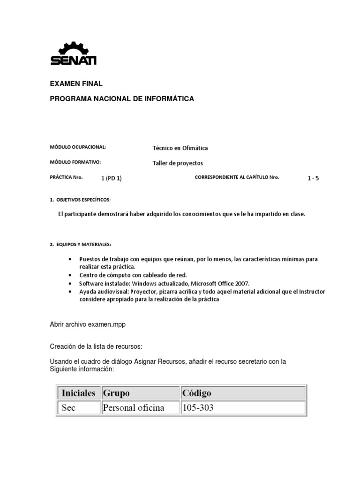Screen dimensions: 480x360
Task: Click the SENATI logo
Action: (x=73, y=53)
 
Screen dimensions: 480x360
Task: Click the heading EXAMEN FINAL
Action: (x=76, y=84)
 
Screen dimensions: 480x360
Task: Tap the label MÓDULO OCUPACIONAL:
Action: (x=78, y=147)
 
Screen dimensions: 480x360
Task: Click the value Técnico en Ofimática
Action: (x=180, y=148)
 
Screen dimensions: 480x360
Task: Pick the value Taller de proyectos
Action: (x=178, y=163)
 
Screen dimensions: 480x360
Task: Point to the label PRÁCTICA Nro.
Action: (x=66, y=177)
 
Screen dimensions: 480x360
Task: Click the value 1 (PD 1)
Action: (x=111, y=178)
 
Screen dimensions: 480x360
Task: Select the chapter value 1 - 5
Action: (x=313, y=178)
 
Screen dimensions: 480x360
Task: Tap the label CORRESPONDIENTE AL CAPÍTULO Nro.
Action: (x=237, y=177)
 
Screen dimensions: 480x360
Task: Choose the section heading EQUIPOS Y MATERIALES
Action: (x=83, y=245)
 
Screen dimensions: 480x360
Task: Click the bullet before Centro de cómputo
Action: (x=70, y=275)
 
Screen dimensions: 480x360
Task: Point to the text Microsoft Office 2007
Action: (x=220, y=284)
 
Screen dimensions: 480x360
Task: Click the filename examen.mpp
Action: (x=105, y=324)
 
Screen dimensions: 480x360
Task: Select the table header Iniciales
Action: (x=78, y=392)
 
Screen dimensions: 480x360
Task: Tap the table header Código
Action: (x=197, y=392)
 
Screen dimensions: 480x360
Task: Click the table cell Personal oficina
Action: (x=134, y=408)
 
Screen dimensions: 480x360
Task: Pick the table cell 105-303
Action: (x=198, y=408)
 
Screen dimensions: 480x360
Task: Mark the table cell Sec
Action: (x=68, y=408)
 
